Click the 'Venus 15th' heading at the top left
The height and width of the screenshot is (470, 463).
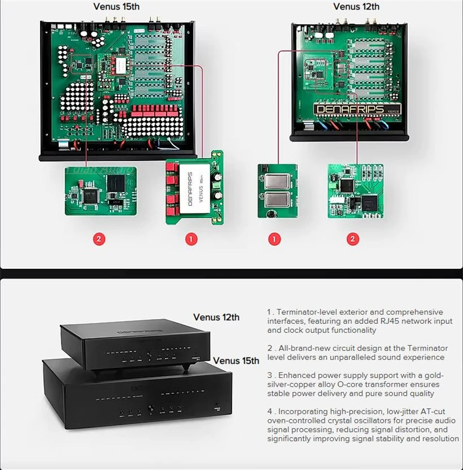coord(116,7)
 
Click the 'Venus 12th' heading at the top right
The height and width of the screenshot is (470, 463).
coord(356,7)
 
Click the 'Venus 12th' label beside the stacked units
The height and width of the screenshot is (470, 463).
coord(216,317)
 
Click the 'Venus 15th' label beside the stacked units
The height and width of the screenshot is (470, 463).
coord(236,360)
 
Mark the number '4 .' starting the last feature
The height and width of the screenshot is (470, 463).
coord(271,412)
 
